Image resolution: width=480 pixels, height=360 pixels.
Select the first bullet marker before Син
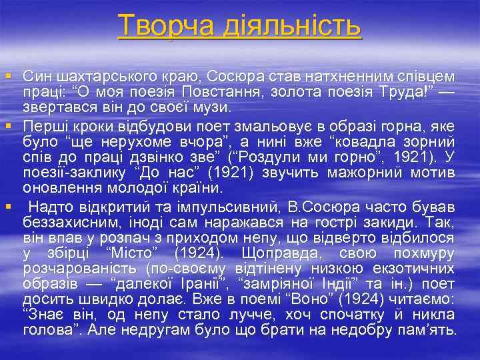pyautogui.click(x=7, y=71)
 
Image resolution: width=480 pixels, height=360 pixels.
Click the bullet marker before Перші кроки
pyautogui.click(x=7, y=123)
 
